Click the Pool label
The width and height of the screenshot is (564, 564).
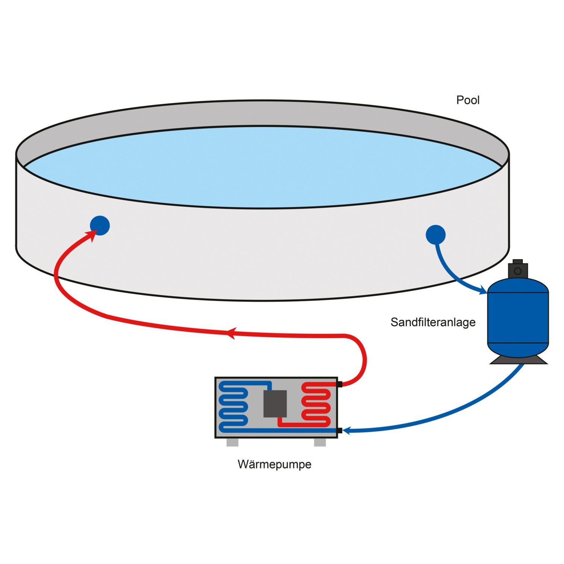[x=468, y=100]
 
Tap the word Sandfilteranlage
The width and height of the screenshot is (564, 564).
[x=433, y=322]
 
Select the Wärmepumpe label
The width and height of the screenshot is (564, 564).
[x=274, y=464]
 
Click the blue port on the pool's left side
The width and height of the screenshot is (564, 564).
[x=100, y=226]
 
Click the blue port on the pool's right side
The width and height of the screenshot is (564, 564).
[x=435, y=235]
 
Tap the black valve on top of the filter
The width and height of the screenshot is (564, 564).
[x=518, y=269]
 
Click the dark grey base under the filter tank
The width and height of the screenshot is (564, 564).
[x=519, y=361]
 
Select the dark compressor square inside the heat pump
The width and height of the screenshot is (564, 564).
[x=275, y=403]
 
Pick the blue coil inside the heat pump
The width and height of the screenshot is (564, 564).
[x=233, y=406]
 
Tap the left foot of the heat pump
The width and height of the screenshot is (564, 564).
[x=232, y=443]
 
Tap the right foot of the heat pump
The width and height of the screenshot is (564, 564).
[x=320, y=443]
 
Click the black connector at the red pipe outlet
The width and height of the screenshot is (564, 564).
[x=340, y=384]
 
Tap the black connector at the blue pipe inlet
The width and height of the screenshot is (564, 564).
[x=340, y=431]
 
